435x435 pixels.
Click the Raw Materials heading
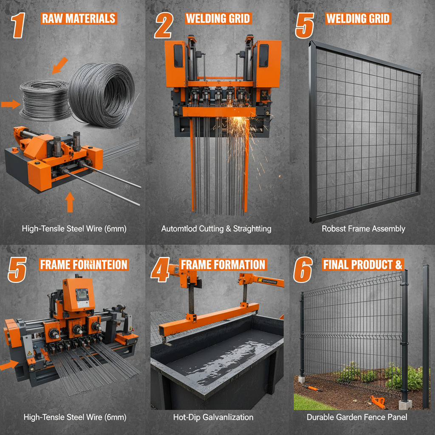point(79,18)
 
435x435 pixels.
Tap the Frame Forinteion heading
point(84,265)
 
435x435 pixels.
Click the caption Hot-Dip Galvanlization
point(213,417)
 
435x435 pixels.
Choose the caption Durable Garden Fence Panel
point(357,417)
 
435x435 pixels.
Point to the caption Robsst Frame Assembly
point(363,229)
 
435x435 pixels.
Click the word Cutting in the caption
point(215,229)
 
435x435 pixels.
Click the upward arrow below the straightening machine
point(70,202)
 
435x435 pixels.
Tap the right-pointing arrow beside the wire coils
point(10,104)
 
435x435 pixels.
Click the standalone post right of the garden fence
point(425,336)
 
